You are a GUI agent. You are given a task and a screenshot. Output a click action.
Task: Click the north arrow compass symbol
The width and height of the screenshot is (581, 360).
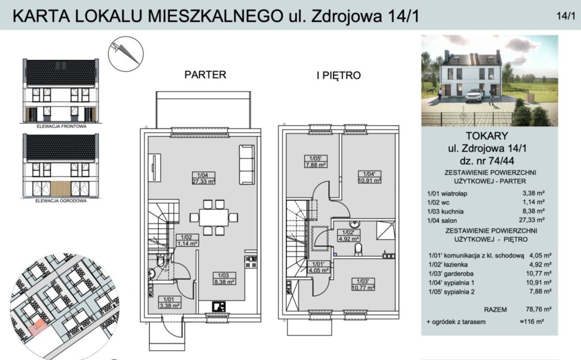click(126, 54)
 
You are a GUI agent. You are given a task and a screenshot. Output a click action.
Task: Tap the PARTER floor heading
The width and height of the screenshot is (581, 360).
click(205, 75)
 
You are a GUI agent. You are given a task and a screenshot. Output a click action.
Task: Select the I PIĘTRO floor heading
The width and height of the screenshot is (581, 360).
click(338, 75)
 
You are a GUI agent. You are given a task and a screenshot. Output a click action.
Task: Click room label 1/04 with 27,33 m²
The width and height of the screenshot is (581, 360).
click(204, 178)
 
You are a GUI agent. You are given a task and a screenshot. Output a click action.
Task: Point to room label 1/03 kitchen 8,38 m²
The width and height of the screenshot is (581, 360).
click(224, 278)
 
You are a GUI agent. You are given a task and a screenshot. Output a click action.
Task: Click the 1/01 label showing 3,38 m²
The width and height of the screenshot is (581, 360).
click(169, 302)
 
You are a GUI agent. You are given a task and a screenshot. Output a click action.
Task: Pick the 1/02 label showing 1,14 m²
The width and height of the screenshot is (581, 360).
click(187, 240)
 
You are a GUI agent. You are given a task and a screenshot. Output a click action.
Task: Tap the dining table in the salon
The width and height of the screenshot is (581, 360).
click(214, 217)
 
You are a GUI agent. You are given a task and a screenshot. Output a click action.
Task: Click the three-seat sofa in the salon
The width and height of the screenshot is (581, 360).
click(246, 165)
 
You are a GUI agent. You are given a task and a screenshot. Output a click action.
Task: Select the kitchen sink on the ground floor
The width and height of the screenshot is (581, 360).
click(219, 307)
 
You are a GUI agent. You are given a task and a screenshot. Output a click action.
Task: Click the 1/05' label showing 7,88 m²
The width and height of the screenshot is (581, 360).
click(316, 162)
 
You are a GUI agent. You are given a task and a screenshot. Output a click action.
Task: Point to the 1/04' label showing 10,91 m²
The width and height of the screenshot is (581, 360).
click(369, 177)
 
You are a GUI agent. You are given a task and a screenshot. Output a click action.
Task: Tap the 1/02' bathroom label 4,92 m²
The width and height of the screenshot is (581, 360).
click(348, 236)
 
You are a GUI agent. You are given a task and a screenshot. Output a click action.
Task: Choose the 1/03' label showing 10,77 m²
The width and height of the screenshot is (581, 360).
click(363, 285)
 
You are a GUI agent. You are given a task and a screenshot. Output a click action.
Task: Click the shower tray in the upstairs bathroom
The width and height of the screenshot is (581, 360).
click(386, 230)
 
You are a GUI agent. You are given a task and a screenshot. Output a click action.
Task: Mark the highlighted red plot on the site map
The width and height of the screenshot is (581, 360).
click(38, 327)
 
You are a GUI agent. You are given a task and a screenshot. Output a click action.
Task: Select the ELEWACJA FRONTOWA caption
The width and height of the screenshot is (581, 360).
click(61, 126)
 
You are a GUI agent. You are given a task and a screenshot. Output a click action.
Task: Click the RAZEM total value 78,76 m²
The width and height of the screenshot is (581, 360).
click(538, 309)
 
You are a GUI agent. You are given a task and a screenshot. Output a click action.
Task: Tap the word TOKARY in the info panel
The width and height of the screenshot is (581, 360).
click(487, 136)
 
